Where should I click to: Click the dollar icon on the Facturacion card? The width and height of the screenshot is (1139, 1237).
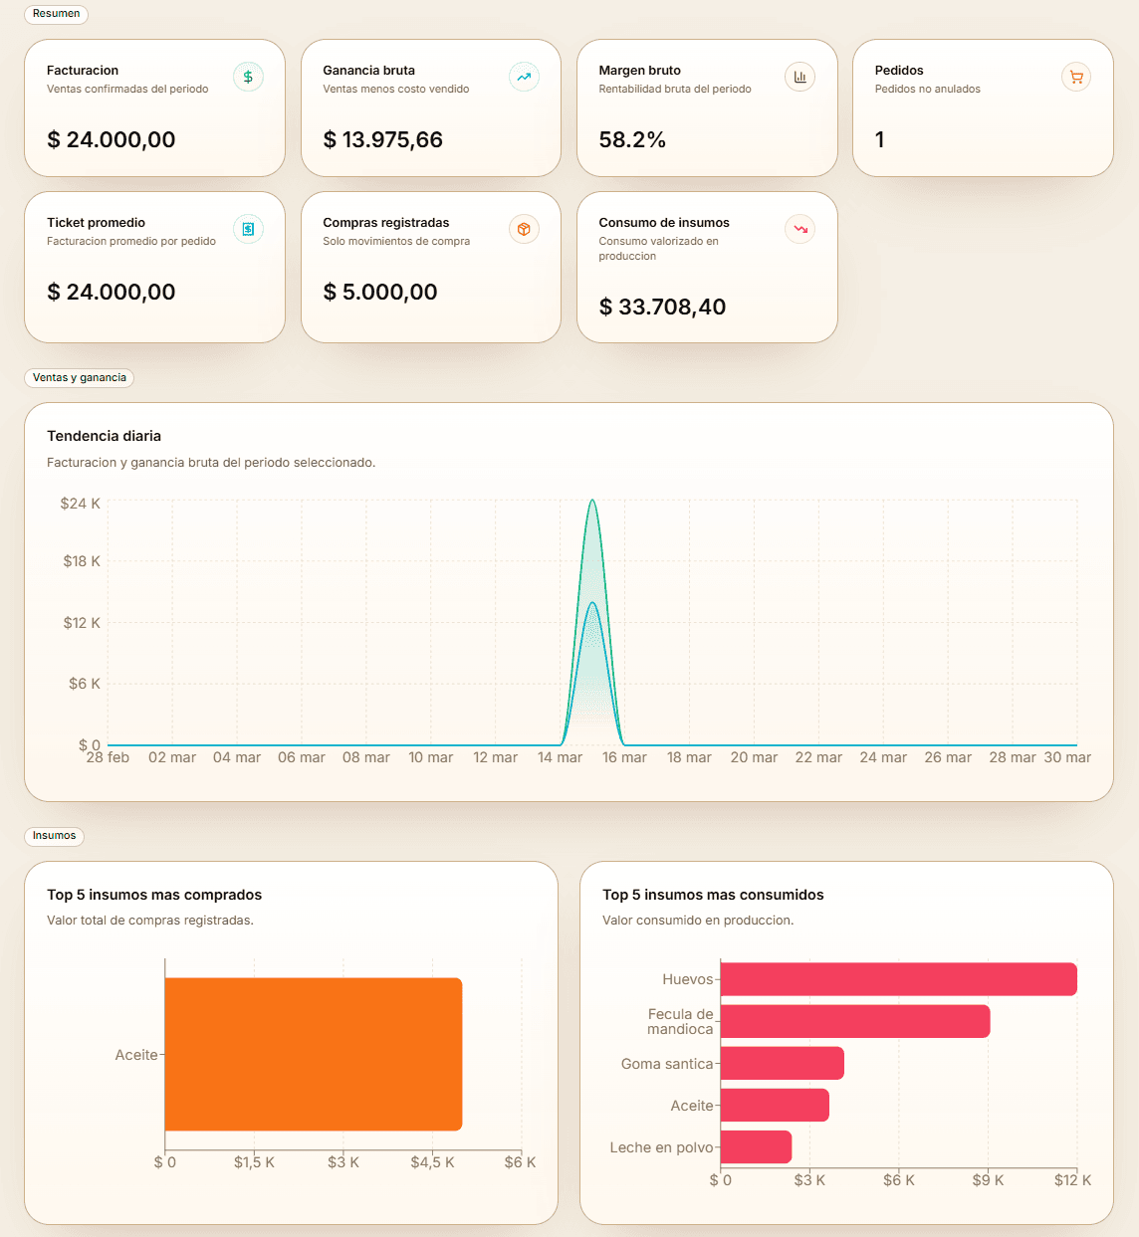248,77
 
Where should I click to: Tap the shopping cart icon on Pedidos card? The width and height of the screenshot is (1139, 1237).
1076,77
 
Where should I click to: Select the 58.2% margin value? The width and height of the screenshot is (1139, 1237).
632,140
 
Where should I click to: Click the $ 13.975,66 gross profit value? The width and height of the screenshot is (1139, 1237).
382,140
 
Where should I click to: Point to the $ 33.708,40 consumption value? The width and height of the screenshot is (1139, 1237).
662,308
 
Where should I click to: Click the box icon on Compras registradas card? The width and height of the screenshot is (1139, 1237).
524,229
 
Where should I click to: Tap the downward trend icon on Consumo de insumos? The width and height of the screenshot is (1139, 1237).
799,229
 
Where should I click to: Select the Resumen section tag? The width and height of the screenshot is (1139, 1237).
56,14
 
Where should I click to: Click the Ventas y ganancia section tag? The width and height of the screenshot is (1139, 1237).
79,378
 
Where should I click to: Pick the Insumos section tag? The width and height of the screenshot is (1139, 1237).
54,836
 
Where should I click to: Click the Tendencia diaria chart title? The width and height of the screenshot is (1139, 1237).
104,436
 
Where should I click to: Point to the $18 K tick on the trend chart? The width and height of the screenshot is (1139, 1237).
82,561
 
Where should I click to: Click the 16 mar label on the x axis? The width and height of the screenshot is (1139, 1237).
624,757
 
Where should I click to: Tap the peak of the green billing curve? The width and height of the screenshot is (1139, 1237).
592,502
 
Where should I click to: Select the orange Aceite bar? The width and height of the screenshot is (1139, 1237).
313,1054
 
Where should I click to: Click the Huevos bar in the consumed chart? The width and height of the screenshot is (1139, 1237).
898,979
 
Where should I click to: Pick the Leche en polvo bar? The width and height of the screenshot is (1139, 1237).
756,1146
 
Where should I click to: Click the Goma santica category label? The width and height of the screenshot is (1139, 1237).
666,1064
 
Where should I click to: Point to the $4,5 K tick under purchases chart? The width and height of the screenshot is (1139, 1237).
432,1162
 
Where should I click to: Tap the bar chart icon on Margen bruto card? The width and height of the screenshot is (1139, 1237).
799,77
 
